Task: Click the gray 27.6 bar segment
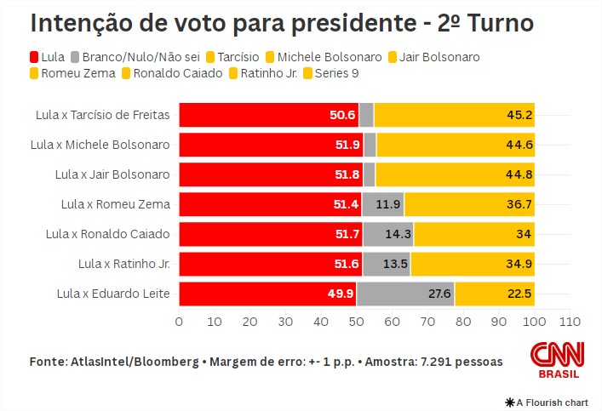tap(405, 294)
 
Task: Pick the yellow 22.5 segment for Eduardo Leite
tap(495, 294)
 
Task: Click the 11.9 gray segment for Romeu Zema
tap(382, 204)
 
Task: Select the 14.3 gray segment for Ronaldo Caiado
tap(387, 234)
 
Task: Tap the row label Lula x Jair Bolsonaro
tap(112, 174)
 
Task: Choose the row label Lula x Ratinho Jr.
tap(123, 265)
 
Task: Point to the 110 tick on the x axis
tap(570, 323)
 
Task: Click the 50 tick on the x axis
tap(357, 323)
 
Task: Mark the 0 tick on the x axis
tap(179, 323)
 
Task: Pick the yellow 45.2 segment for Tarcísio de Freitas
tap(454, 115)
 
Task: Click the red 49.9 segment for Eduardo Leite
tap(267, 294)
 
